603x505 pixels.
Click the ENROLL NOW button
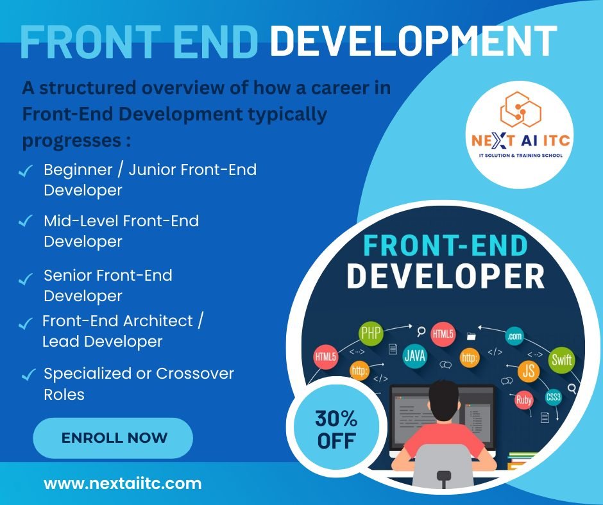(113, 438)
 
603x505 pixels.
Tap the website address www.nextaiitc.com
(123, 483)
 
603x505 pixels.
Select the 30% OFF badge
(336, 429)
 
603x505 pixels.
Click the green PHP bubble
(371, 333)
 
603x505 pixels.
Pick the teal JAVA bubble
(414, 356)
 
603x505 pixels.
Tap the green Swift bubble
(561, 360)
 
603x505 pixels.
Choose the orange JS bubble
(529, 371)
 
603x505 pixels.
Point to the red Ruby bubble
(523, 400)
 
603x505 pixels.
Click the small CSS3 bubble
(553, 397)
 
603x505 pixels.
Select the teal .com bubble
(514, 336)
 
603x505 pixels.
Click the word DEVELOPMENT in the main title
(413, 41)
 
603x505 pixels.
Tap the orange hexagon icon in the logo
(520, 110)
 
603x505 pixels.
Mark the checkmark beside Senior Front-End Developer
(26, 279)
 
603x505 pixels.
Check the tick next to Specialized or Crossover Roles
(29, 374)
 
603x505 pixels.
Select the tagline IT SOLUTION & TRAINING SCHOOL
(520, 156)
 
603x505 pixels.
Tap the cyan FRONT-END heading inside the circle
(445, 245)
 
